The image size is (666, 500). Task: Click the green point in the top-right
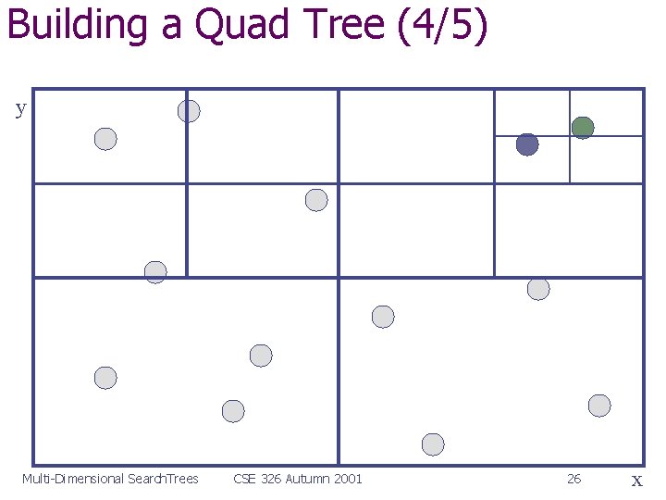[x=583, y=128]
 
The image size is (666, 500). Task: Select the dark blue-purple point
[x=527, y=144]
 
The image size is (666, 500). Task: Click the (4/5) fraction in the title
[x=441, y=26]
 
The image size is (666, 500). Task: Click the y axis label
[x=20, y=108]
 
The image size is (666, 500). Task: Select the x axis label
[x=636, y=480]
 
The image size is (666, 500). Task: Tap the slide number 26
[x=573, y=479]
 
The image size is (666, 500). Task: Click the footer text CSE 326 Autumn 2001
[x=298, y=479]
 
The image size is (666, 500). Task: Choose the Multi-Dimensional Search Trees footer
[x=110, y=479]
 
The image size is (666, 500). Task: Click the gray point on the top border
[x=189, y=111]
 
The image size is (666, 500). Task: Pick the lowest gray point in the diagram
[x=433, y=444]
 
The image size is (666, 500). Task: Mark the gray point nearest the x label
[x=599, y=406]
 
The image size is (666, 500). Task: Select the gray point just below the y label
[x=105, y=139]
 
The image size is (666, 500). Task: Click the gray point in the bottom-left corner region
[x=105, y=378]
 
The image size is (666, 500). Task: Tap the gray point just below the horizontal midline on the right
[x=538, y=289]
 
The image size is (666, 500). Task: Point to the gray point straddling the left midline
[x=155, y=272]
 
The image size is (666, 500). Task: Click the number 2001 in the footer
[x=347, y=479]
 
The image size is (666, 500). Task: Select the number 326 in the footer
[x=270, y=479]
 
